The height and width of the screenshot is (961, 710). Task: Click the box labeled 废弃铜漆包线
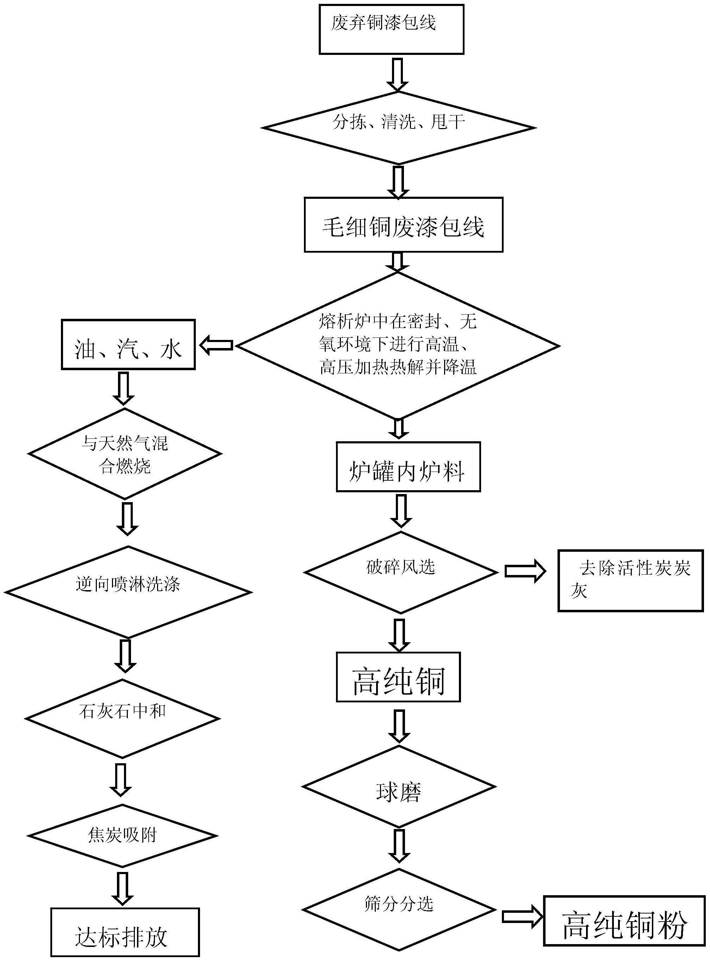[391, 29]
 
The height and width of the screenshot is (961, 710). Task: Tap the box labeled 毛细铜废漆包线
[403, 225]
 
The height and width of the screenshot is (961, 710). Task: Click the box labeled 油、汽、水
[128, 344]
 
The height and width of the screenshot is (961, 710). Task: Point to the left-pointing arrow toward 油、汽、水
[217, 345]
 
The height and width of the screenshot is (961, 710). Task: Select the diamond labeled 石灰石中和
[123, 719]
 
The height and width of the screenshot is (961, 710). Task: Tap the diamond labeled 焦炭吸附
[123, 835]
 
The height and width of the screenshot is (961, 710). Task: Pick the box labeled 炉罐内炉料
[408, 467]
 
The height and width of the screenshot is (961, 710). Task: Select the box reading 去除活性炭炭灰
[630, 581]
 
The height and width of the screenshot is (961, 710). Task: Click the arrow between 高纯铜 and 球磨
[399, 726]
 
